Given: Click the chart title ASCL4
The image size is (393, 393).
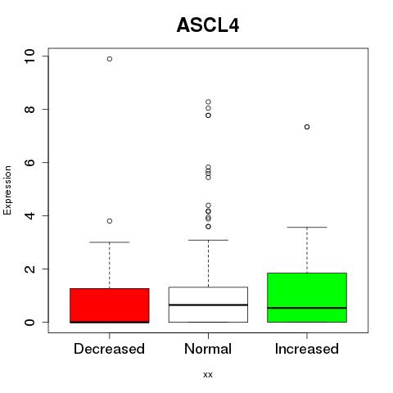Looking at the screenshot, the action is (208, 25).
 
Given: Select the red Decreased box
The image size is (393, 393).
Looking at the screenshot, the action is (110, 305).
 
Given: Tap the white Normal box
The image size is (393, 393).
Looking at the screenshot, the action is (208, 305).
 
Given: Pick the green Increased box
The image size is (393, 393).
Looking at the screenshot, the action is (307, 297).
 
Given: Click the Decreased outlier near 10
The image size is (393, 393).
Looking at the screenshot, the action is (110, 59).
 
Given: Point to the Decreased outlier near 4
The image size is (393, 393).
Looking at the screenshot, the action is (110, 221).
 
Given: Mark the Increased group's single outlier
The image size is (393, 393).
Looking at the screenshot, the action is (307, 127).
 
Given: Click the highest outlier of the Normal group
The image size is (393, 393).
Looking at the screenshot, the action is (208, 102).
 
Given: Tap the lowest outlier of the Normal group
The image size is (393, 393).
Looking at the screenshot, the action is (208, 227).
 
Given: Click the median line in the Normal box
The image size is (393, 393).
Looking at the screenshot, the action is (208, 305).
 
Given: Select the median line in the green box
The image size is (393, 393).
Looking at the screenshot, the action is (307, 308).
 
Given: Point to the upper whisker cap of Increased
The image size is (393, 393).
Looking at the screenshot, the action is (307, 227).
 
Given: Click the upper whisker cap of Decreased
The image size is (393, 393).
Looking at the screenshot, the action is (110, 242).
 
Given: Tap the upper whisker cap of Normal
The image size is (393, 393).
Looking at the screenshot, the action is (208, 240).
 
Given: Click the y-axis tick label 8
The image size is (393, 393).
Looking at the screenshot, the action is (30, 109).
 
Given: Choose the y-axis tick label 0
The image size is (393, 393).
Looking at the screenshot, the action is (30, 322).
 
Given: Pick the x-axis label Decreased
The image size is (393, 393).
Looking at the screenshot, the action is (109, 349).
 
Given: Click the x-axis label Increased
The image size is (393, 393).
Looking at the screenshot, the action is (307, 349).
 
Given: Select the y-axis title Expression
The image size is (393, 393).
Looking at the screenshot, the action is (7, 190).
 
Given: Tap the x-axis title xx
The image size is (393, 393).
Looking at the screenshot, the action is (208, 375).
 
